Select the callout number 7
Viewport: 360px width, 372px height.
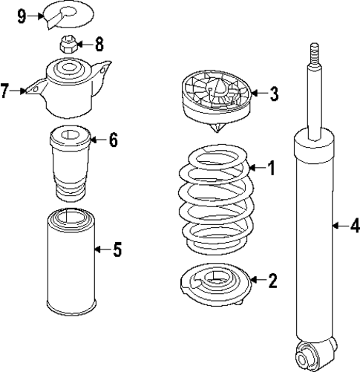pyautogui.click(x=5, y=91)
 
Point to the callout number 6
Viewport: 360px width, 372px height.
pyautogui.click(x=113, y=140)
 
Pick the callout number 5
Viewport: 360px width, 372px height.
pyautogui.click(x=117, y=249)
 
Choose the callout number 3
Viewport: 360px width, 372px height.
pyautogui.click(x=274, y=94)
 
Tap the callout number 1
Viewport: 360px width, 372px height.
pyautogui.click(x=271, y=169)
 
